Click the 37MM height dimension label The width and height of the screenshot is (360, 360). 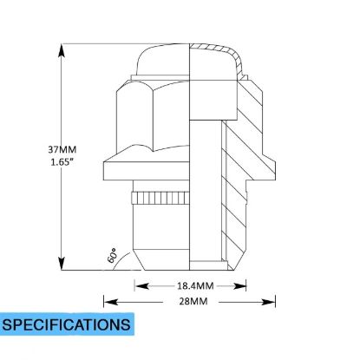point(62,150)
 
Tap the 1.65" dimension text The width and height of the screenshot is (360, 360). point(61,162)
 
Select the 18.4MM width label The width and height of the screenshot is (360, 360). point(195,286)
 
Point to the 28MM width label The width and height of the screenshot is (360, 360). point(193,301)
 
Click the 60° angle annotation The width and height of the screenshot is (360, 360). point(112,255)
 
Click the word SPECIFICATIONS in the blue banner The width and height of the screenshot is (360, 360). point(66,324)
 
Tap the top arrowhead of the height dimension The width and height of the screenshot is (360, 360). point(61,51)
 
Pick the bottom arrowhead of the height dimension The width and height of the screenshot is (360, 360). point(61,263)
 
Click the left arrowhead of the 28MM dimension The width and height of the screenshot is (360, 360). point(111,302)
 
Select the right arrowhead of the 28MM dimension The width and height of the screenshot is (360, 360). point(268,302)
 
